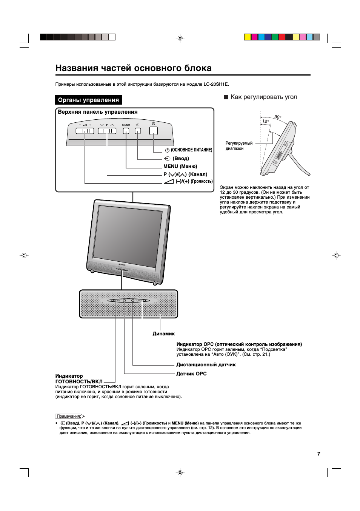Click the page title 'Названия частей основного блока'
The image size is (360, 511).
coord(133,68)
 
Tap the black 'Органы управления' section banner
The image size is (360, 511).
coord(88,100)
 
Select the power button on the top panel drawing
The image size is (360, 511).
coord(153,131)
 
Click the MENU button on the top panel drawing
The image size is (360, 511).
coord(126,131)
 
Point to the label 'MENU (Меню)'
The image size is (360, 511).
coord(180,167)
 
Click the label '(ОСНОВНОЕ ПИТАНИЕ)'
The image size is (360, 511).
coord(191,150)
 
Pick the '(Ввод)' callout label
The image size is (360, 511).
coord(180,159)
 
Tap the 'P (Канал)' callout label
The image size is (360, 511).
coord(185,174)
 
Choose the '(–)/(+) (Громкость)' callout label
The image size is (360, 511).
coord(194,182)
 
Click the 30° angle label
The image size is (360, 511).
coord(278,117)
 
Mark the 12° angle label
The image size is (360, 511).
coord(266,121)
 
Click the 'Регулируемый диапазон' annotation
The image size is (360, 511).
coord(239,146)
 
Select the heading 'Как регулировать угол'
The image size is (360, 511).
coord(263,97)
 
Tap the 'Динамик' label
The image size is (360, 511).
coord(163,334)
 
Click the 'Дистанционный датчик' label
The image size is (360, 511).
coord(206,365)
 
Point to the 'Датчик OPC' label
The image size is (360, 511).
coord(191,374)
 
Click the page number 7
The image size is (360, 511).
coord(318,454)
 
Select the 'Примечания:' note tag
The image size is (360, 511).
coord(69,416)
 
